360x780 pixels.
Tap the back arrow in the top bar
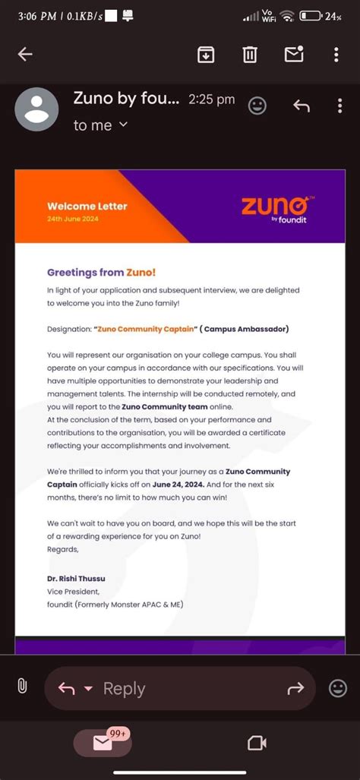[x=25, y=54]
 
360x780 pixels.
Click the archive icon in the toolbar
[x=206, y=55]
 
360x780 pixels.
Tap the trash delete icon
[x=250, y=55]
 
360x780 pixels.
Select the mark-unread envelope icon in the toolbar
[x=293, y=54]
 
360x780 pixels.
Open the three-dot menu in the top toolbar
[x=336, y=55]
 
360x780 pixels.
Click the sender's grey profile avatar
[x=36, y=109]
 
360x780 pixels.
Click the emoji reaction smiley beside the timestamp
[x=258, y=106]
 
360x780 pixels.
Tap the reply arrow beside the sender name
[x=302, y=106]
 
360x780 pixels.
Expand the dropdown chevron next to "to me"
[x=124, y=125]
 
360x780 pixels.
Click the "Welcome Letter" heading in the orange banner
[x=87, y=206]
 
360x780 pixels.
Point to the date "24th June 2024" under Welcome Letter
[x=73, y=219]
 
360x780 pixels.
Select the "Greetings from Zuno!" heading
[x=102, y=272]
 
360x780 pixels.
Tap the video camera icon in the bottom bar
[x=256, y=744]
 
